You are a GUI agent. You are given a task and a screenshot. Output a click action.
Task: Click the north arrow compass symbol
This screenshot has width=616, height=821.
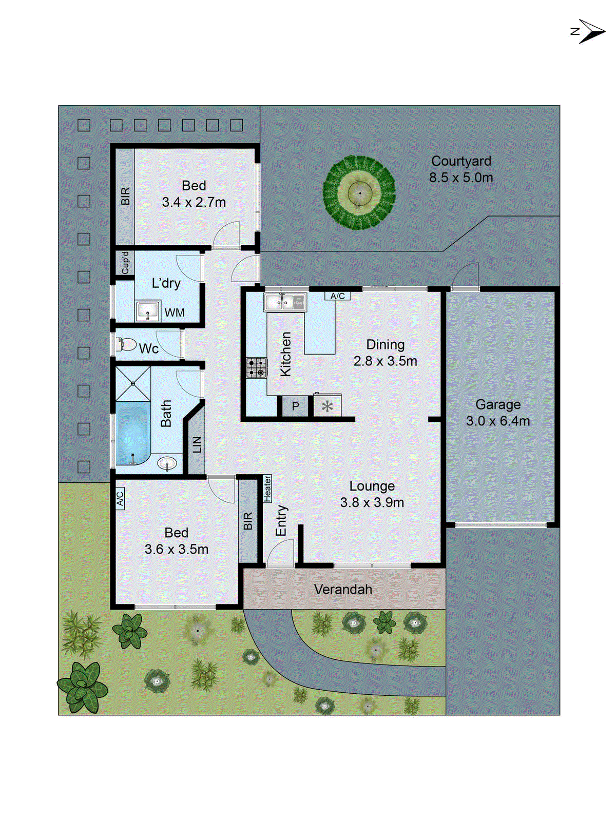(x=589, y=32)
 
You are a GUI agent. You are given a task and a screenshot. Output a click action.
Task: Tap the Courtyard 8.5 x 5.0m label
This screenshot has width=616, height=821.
(x=461, y=169)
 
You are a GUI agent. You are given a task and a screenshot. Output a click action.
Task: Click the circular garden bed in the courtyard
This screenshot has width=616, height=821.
(x=359, y=192)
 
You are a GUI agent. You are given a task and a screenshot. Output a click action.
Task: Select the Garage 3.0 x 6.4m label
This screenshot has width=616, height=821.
(x=498, y=413)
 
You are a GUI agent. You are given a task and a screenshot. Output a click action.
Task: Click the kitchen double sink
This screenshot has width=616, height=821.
(x=285, y=302)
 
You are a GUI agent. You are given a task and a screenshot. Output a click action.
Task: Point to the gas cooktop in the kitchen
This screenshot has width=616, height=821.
(x=256, y=367)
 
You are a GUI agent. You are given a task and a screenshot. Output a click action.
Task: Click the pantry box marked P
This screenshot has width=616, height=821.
(x=295, y=407)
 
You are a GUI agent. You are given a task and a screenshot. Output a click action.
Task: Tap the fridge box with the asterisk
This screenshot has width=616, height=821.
(x=327, y=407)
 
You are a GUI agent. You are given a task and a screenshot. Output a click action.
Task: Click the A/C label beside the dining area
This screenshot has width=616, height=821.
(x=337, y=296)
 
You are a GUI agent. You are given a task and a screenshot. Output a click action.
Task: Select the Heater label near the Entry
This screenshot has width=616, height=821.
(x=267, y=488)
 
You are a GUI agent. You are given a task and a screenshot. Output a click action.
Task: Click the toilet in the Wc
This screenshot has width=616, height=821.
(x=126, y=344)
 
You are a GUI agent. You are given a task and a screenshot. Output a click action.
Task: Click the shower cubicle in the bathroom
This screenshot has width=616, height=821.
(x=133, y=383)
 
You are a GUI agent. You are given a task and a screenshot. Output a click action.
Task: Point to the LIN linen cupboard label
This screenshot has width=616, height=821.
(x=197, y=444)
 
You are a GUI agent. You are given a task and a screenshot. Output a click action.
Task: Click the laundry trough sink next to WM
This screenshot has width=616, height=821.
(x=148, y=311)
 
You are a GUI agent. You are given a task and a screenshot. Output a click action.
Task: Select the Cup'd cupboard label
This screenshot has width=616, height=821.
(x=125, y=262)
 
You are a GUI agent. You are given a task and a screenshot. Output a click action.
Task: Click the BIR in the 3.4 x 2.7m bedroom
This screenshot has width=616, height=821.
(x=125, y=197)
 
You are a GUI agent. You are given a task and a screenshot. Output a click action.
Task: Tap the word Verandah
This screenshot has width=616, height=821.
(x=343, y=590)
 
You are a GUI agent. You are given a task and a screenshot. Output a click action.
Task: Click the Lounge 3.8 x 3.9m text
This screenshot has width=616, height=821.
(x=372, y=494)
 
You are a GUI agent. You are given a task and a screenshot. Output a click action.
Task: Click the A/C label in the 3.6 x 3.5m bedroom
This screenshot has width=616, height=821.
(x=120, y=498)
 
